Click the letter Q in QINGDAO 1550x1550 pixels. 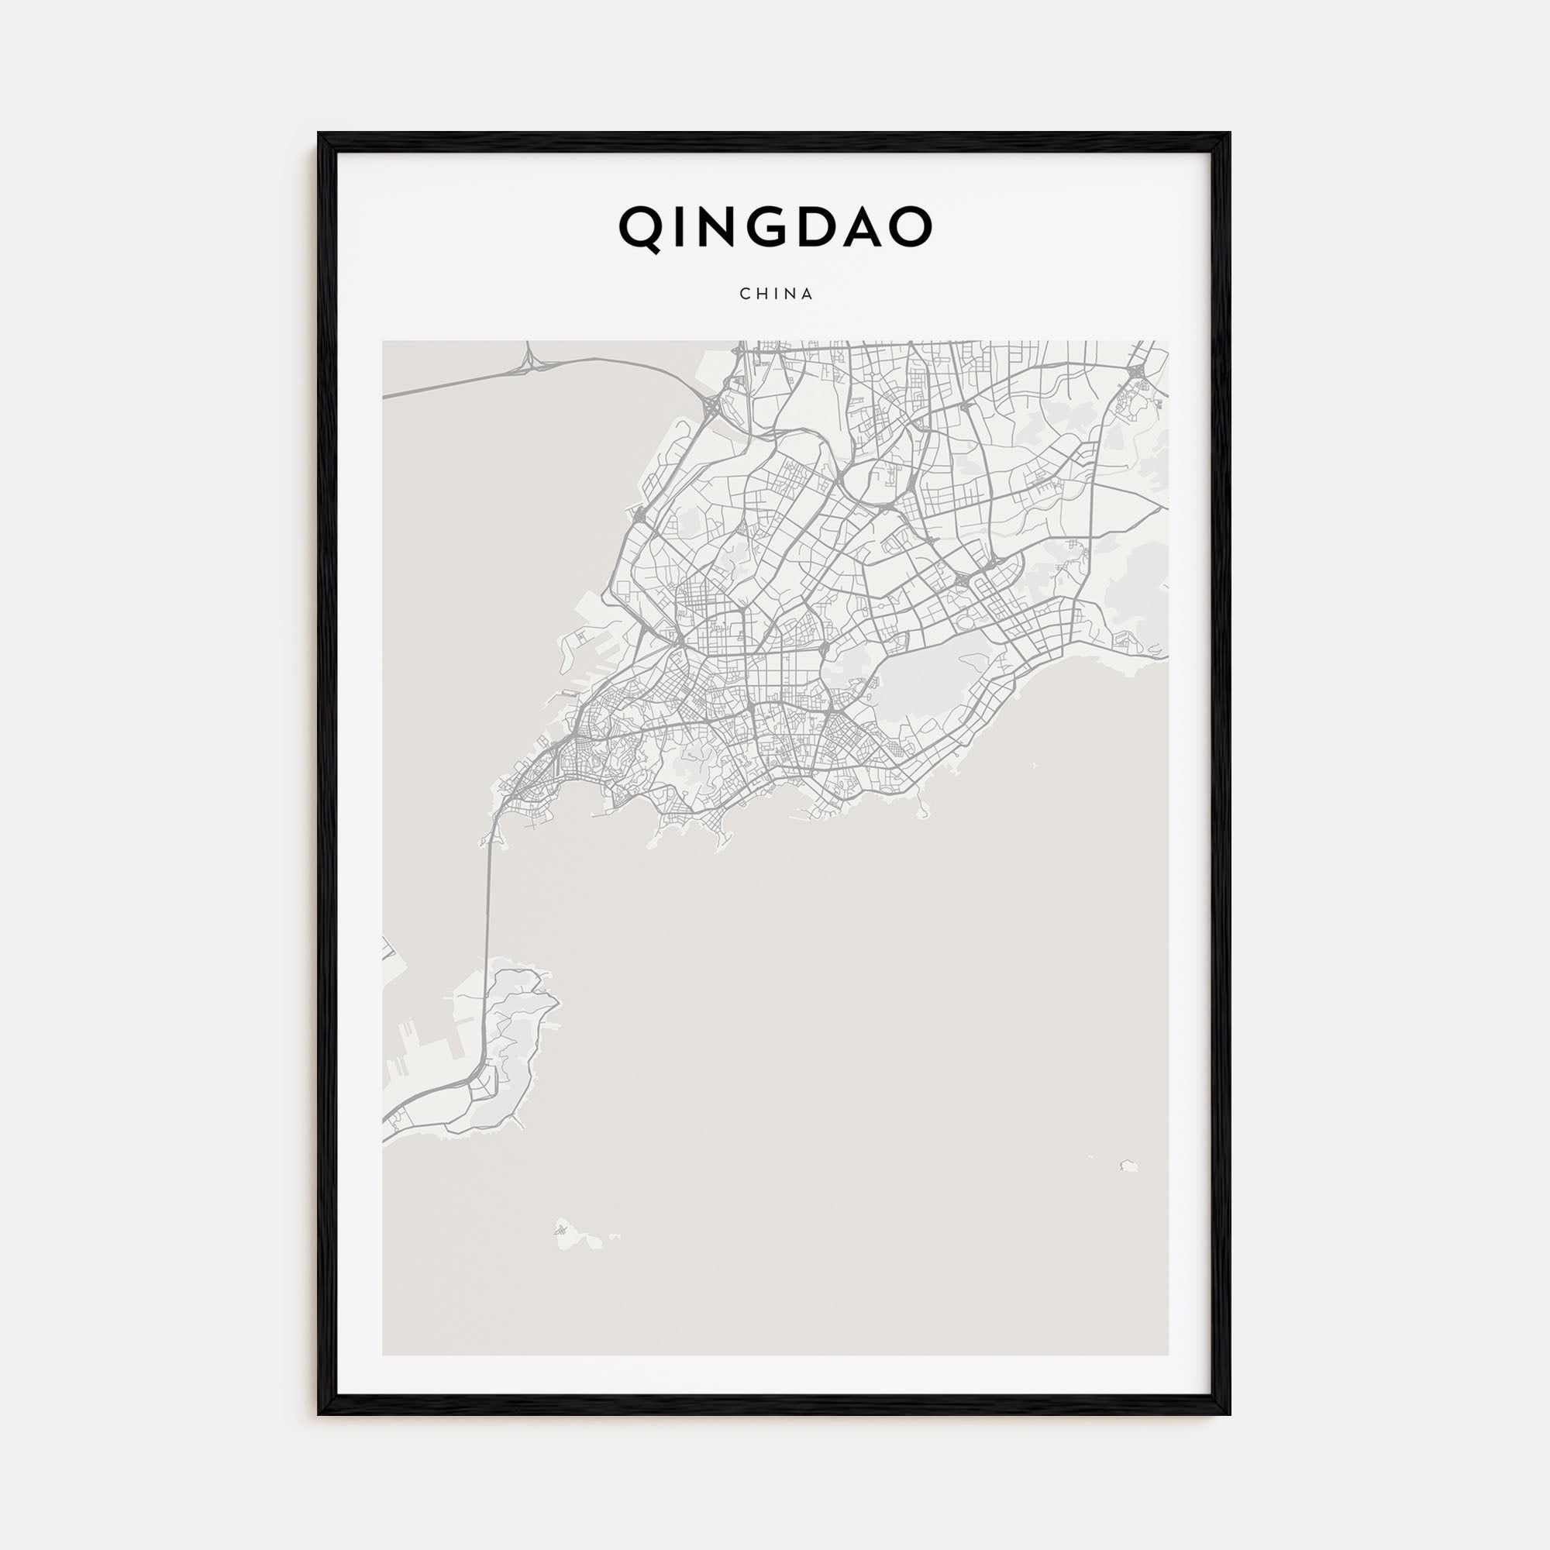coord(642,229)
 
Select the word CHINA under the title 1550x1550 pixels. coord(776,294)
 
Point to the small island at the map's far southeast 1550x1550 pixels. coord(1130,1165)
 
